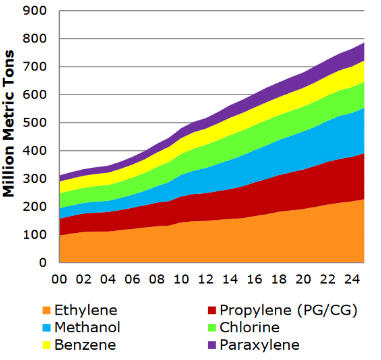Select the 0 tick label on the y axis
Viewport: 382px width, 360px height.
(x=47, y=263)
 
